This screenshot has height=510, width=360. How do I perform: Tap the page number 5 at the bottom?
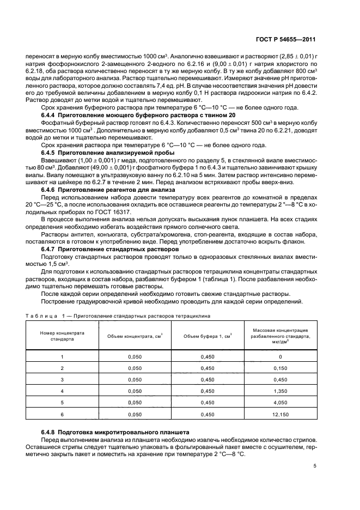click(315, 465)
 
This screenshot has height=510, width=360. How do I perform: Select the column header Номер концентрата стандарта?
click(62, 335)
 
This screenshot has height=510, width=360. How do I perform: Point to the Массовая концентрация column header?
click(281, 335)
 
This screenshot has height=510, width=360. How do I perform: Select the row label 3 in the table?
click(62, 380)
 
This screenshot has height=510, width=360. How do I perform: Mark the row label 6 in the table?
click(62, 414)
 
